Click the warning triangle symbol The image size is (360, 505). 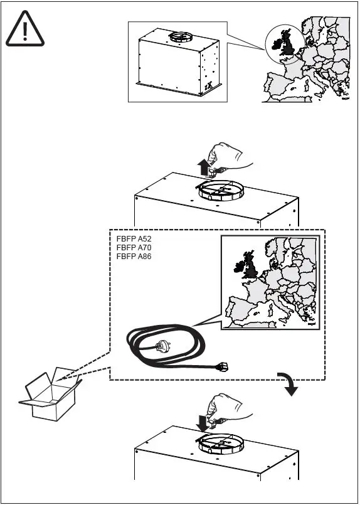click(x=25, y=30)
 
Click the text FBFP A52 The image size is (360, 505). click(x=134, y=240)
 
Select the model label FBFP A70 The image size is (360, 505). click(x=134, y=248)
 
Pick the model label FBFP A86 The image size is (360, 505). click(x=134, y=256)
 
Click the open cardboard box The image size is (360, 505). click(x=50, y=396)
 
